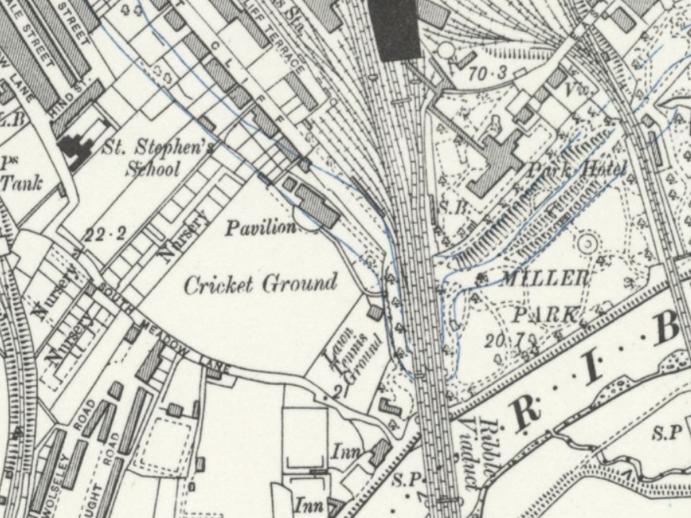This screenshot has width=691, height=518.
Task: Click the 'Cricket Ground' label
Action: point(260,283)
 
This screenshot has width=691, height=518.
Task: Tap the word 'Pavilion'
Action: point(261,228)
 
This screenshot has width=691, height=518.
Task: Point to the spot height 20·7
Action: point(521,340)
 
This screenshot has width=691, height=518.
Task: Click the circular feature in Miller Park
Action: point(585,243)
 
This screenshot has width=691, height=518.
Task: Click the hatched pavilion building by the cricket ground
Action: point(317,205)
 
